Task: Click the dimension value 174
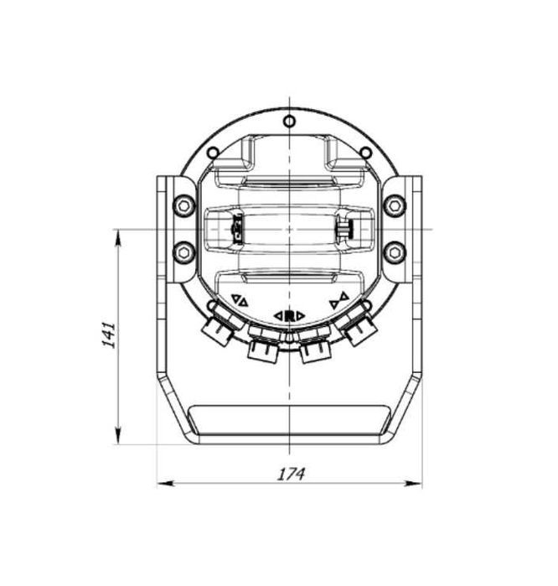(x=291, y=474)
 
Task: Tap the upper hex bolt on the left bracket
(x=183, y=205)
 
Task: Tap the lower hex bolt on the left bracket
(x=183, y=252)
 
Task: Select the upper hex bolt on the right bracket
(x=395, y=205)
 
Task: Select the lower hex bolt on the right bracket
(x=395, y=252)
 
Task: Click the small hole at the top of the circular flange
(x=289, y=122)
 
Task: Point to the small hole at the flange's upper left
(x=213, y=152)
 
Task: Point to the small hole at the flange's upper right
(x=365, y=152)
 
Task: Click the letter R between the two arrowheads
(x=289, y=315)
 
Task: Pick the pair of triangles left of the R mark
(x=240, y=299)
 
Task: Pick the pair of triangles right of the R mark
(x=338, y=299)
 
